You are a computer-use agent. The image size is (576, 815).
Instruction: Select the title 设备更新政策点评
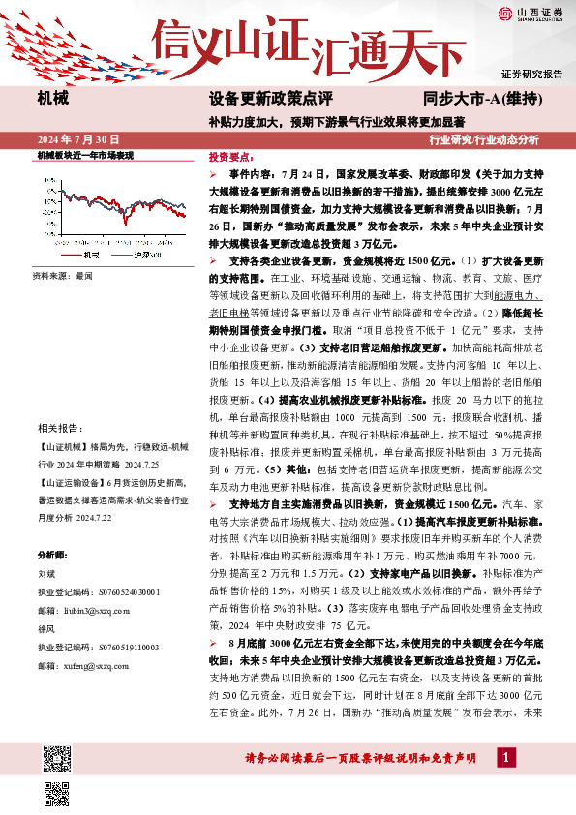270,99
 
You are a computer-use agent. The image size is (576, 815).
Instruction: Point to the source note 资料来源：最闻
63,276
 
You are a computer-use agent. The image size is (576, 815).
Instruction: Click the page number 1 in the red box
505,755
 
